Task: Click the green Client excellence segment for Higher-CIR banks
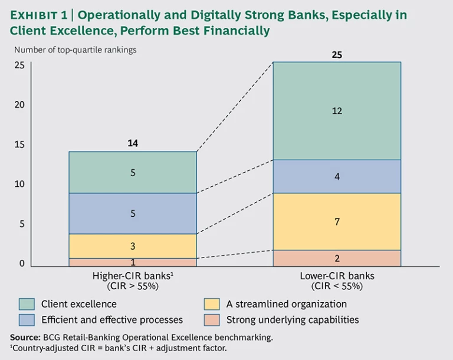pyautogui.click(x=133, y=173)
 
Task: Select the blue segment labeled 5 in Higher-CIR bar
pyautogui.click(x=133, y=213)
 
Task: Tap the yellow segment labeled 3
pyautogui.click(x=133, y=246)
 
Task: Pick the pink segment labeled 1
pyautogui.click(x=133, y=262)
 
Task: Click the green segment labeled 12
pyautogui.click(x=337, y=111)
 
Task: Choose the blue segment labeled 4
pyautogui.click(x=337, y=176)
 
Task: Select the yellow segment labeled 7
pyautogui.click(x=337, y=222)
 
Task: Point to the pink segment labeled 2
pyautogui.click(x=337, y=258)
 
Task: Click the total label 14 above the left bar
pyautogui.click(x=133, y=143)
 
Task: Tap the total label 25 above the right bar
pyautogui.click(x=337, y=55)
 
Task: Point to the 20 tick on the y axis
pyautogui.click(x=19, y=105)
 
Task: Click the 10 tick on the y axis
pyautogui.click(x=19, y=184)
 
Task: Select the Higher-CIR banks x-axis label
pyautogui.click(x=133, y=280)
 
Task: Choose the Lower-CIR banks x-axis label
pyautogui.click(x=337, y=280)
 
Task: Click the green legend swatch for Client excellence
pyautogui.click(x=27, y=304)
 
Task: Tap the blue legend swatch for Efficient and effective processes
pyautogui.click(x=27, y=320)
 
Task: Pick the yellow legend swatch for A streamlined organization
pyautogui.click(x=212, y=304)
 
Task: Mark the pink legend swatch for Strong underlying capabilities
pyautogui.click(x=212, y=320)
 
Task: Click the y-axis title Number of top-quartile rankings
pyautogui.click(x=75, y=50)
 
